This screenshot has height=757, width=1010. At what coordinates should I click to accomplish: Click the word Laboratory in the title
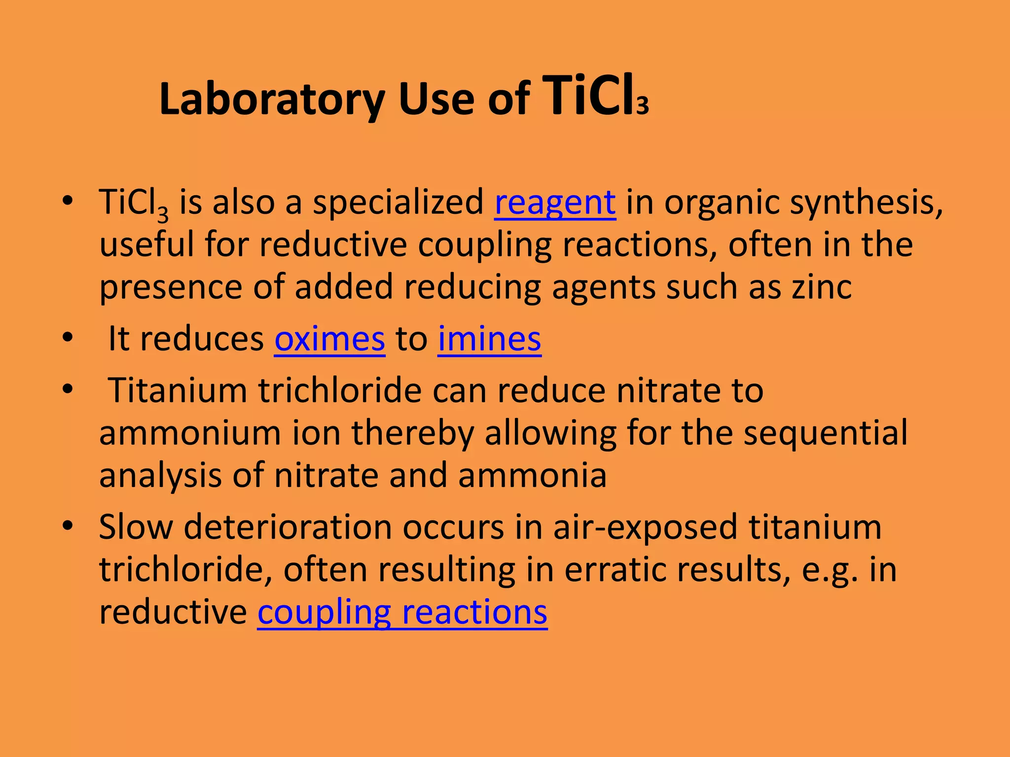pos(272,100)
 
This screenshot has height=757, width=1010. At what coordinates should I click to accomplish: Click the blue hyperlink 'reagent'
pos(555,202)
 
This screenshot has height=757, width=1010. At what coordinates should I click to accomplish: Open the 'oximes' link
pos(329,339)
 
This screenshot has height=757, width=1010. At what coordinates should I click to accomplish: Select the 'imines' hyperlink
pos(489,339)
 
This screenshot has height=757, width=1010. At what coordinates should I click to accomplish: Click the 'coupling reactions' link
pos(402,612)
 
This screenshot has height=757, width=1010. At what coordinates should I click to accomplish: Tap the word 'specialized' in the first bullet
pos(398,203)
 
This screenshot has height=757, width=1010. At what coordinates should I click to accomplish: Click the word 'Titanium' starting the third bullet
pos(178,390)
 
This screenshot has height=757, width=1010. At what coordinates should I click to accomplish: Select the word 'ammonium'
pos(190,433)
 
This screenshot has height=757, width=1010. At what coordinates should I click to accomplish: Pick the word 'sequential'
pos(825,433)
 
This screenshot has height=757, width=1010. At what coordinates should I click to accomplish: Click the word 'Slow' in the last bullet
pos(136,526)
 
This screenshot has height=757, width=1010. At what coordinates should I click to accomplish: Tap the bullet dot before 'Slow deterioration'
pos(68,524)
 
